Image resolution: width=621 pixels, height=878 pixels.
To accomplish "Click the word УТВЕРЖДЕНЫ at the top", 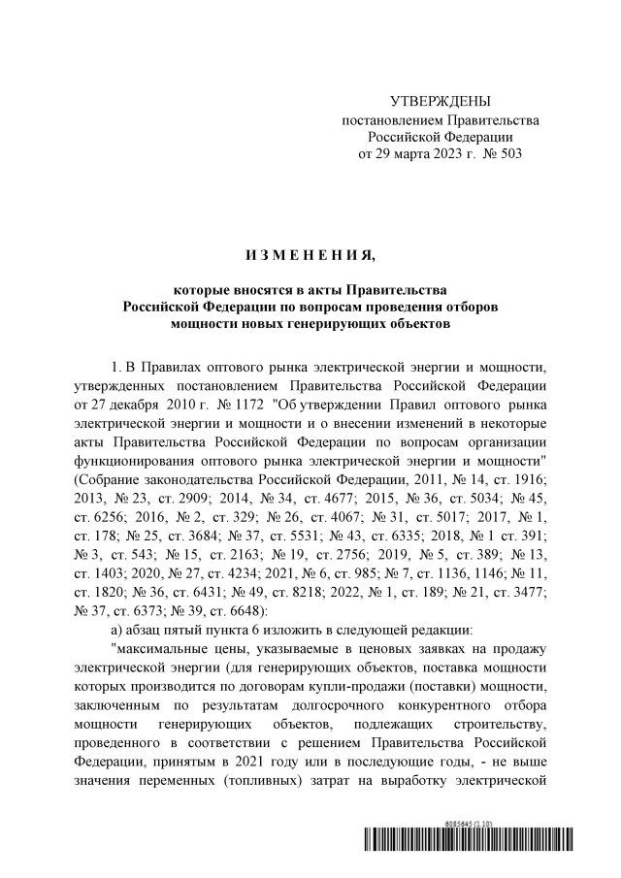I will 441,102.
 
